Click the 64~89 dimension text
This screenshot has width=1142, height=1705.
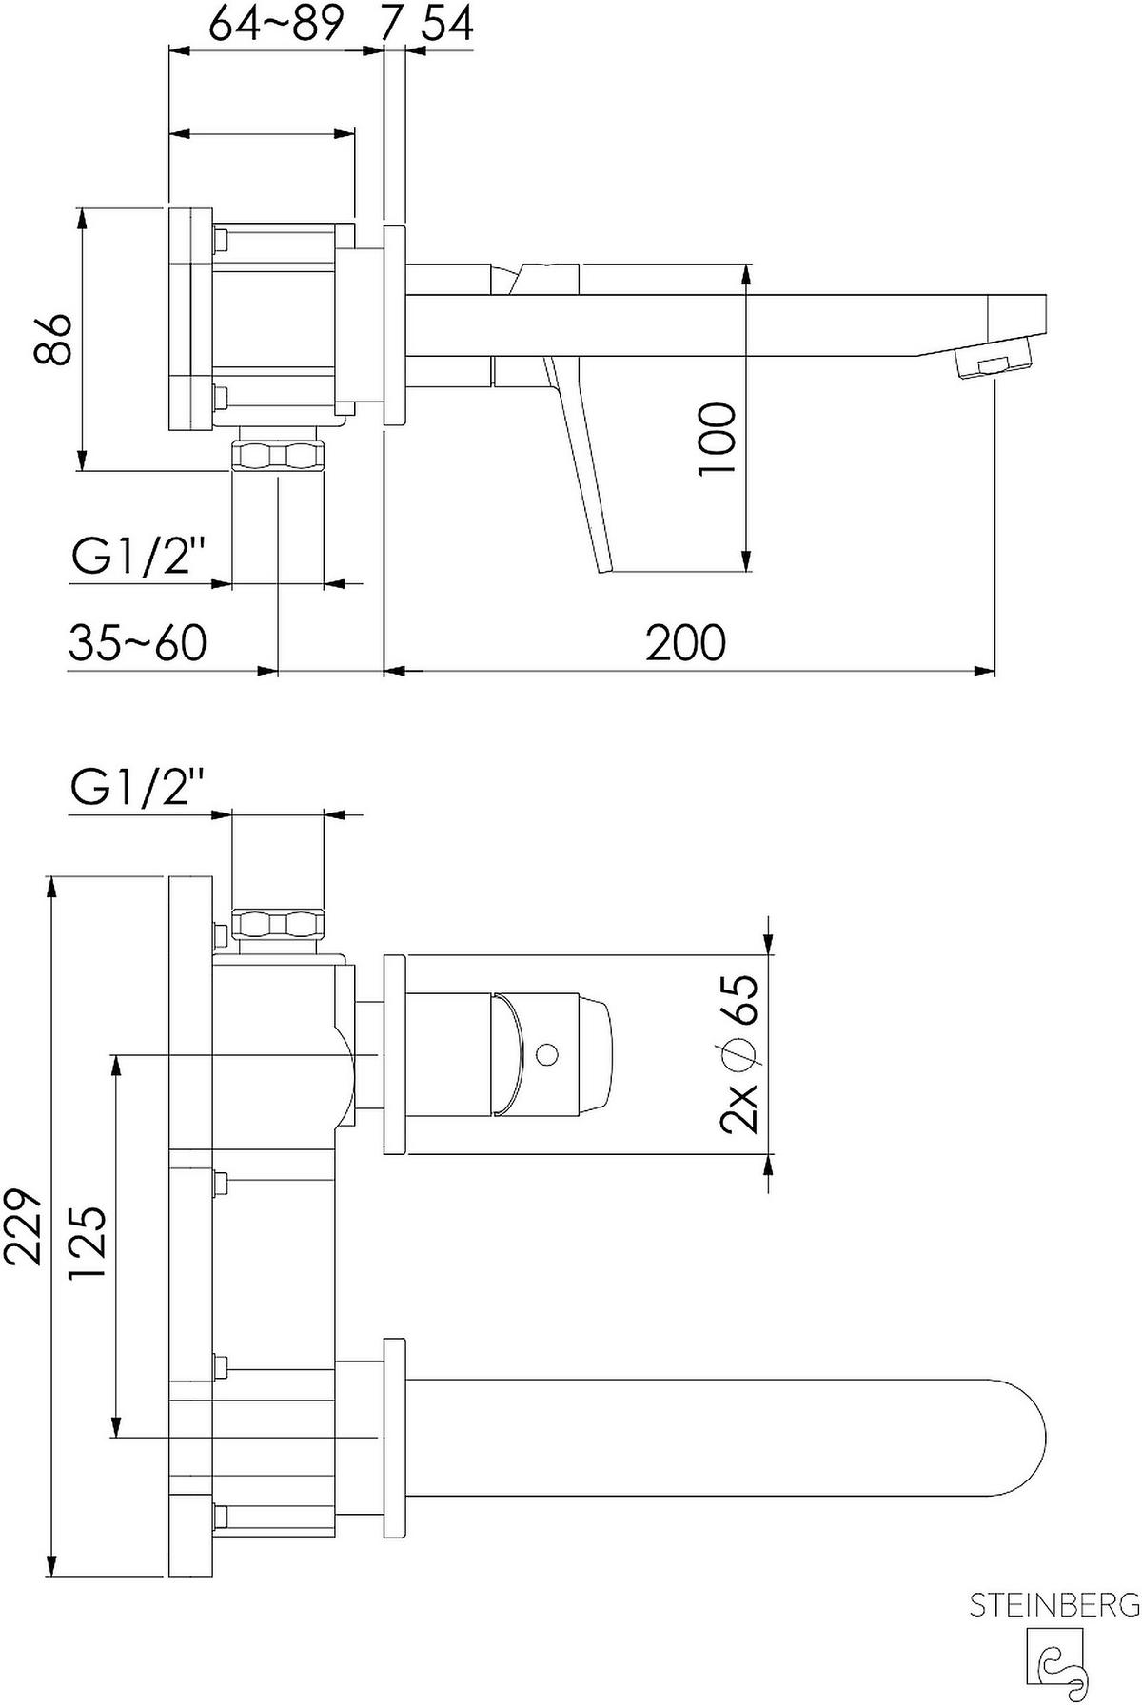click(x=275, y=24)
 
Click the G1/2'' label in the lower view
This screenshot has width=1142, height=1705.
click(x=139, y=789)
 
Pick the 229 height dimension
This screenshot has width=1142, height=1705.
click(x=24, y=1225)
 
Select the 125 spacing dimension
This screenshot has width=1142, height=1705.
click(x=88, y=1244)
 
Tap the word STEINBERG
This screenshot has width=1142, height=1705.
click(x=1053, y=1606)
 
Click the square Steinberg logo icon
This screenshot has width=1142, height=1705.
click(x=1053, y=1660)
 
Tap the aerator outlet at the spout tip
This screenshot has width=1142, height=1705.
click(x=994, y=363)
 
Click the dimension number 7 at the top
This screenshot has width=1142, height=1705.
click(x=387, y=24)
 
